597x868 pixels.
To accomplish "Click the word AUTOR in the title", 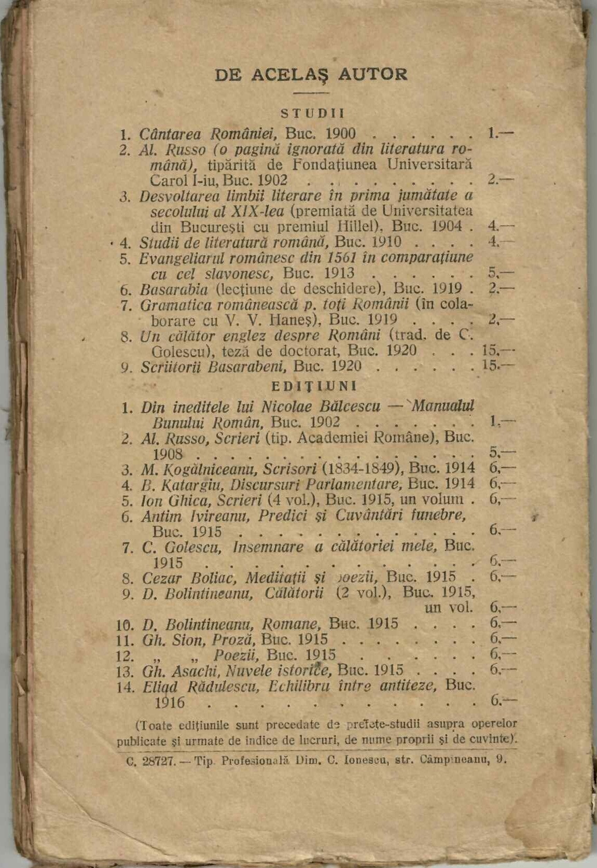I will (x=372, y=74).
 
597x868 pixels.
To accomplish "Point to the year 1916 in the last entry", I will (x=170, y=703).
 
